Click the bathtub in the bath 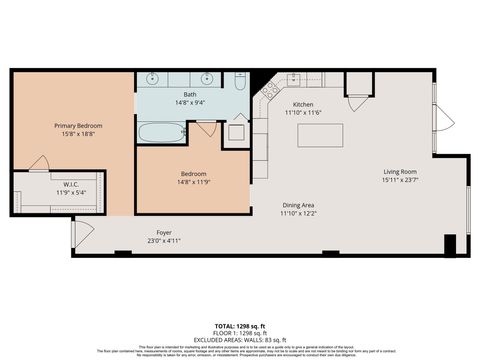(x=160, y=132)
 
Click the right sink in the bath (x=209, y=77)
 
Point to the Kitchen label (x=304, y=104)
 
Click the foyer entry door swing (x=83, y=231)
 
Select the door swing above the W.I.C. (x=40, y=163)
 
